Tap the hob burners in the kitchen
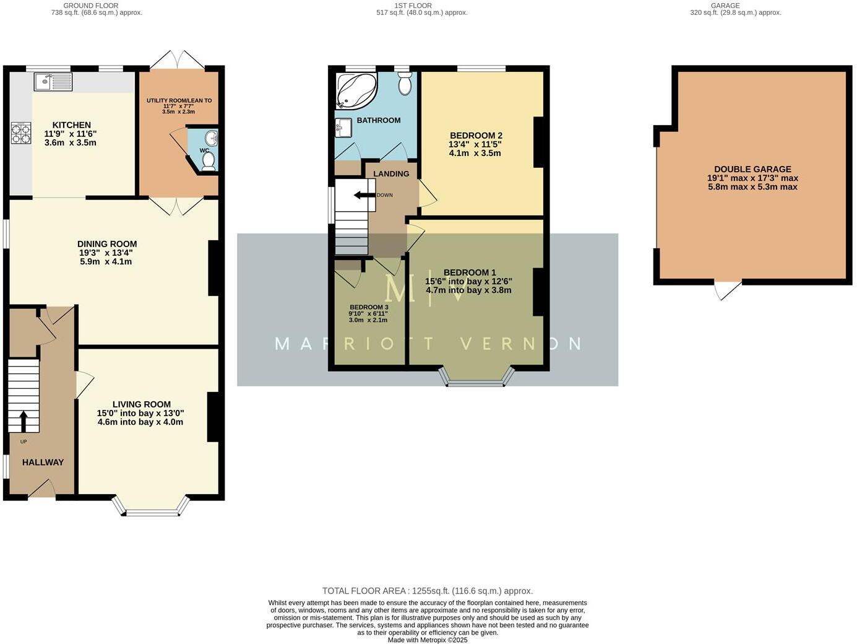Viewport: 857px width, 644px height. tap(20, 133)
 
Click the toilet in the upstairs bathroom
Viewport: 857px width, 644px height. tap(405, 84)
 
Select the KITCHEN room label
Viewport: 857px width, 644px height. tap(72, 125)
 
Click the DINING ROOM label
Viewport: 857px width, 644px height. tap(107, 244)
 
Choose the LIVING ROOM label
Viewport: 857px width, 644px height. tap(141, 404)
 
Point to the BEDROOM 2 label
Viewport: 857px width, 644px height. tap(476, 136)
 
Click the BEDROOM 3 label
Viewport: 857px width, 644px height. tap(369, 307)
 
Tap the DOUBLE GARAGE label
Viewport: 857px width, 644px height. tap(752, 169)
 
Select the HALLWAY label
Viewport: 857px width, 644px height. tap(43, 462)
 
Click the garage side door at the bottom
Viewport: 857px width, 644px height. tap(728, 289)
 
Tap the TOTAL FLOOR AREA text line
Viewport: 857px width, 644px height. tap(427, 591)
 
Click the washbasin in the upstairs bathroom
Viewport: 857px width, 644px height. tap(343, 128)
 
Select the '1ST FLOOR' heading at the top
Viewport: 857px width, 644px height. tap(413, 6)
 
